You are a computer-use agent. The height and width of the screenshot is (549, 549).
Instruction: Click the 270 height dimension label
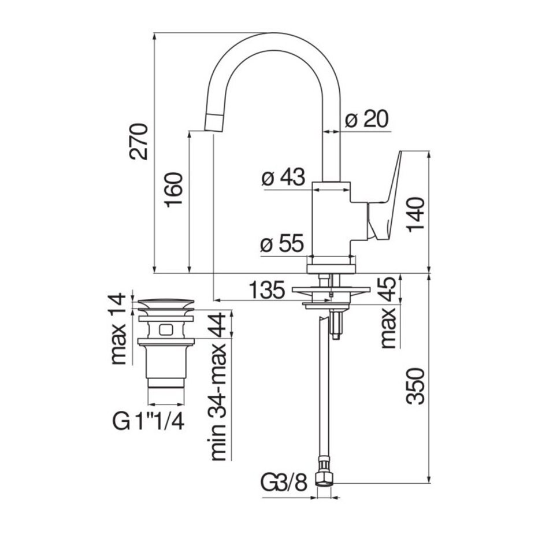click(139, 142)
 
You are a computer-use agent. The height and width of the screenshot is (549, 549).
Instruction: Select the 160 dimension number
click(174, 190)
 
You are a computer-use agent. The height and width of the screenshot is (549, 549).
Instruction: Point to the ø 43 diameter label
click(283, 177)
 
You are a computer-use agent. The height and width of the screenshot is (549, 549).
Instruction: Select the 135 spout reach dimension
click(267, 290)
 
